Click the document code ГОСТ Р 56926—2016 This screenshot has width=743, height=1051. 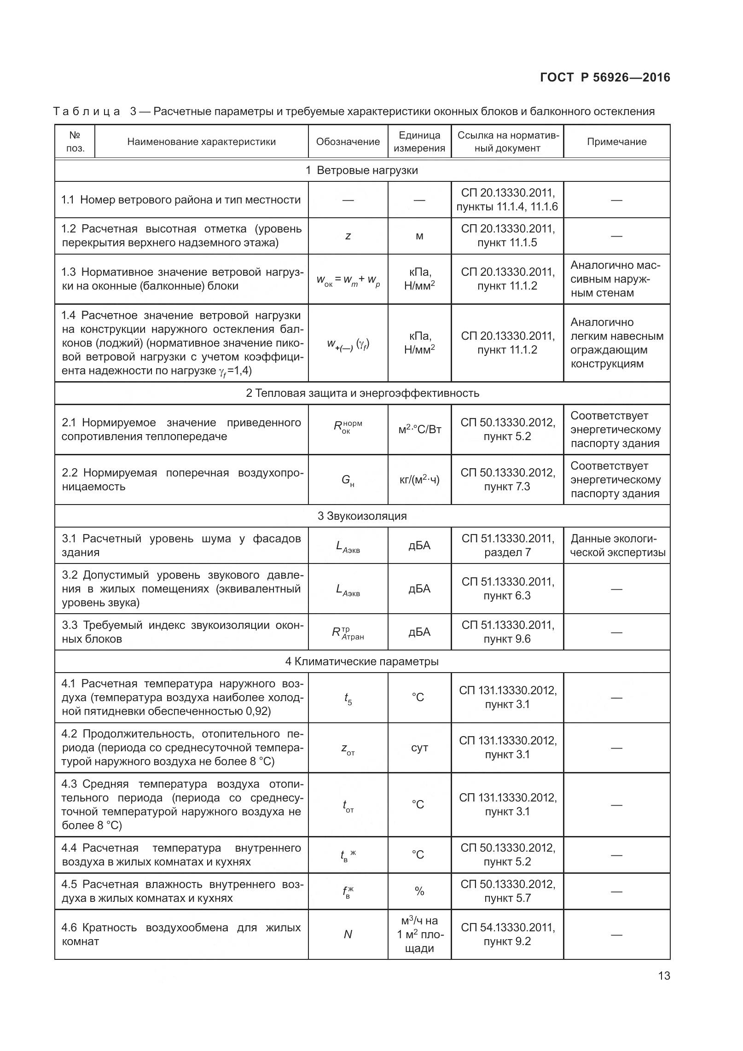point(605,77)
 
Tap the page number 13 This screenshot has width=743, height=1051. point(664,988)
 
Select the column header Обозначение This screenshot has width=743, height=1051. point(348,142)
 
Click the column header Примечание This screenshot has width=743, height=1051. point(616,142)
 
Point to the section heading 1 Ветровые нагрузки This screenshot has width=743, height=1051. point(362,170)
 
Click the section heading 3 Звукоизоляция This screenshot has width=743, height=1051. point(362,516)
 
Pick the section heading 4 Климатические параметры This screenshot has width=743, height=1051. point(362,662)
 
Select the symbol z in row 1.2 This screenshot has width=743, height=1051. point(348,236)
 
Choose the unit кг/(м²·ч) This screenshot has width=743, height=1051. point(419,480)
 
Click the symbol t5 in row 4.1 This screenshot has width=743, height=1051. point(348,698)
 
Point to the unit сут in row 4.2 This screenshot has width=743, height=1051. point(419,748)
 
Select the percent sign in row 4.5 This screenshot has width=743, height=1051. point(419,891)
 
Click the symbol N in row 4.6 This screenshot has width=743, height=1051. point(348,934)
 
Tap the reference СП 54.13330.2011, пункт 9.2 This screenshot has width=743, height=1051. point(507,934)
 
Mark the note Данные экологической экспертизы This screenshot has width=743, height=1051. point(617,545)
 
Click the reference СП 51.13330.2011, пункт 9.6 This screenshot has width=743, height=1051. point(507,632)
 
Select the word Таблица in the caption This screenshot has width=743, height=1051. point(87,111)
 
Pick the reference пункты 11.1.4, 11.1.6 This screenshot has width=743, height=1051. point(507,207)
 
